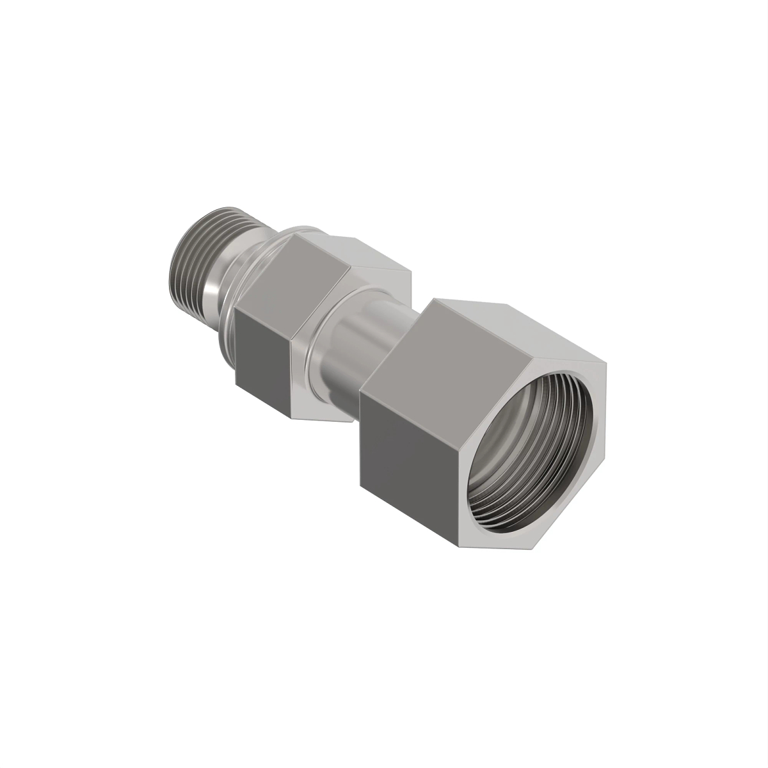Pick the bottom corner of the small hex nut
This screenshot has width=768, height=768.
pyautogui.click(x=292, y=417)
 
